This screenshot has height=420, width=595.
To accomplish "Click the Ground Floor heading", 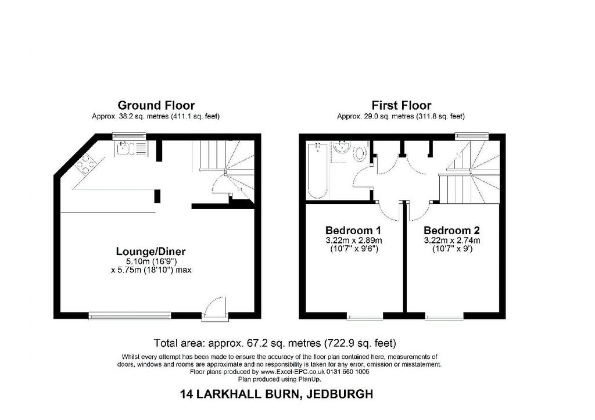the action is [156, 105].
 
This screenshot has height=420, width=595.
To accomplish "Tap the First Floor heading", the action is [401, 105].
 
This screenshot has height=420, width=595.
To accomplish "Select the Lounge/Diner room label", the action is [150, 251].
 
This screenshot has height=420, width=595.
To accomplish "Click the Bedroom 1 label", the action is [353, 230].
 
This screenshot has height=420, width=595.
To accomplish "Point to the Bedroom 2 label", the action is [451, 230].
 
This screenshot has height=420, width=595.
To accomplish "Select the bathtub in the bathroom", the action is [317, 170].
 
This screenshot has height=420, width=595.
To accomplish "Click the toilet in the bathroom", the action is [360, 152].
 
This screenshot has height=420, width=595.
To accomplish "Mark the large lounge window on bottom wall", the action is [130, 315].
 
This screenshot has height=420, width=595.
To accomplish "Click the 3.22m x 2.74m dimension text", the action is [451, 240].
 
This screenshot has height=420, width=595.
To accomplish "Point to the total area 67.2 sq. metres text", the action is [275, 343].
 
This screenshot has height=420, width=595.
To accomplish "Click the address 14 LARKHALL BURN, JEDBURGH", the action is [277, 394].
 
